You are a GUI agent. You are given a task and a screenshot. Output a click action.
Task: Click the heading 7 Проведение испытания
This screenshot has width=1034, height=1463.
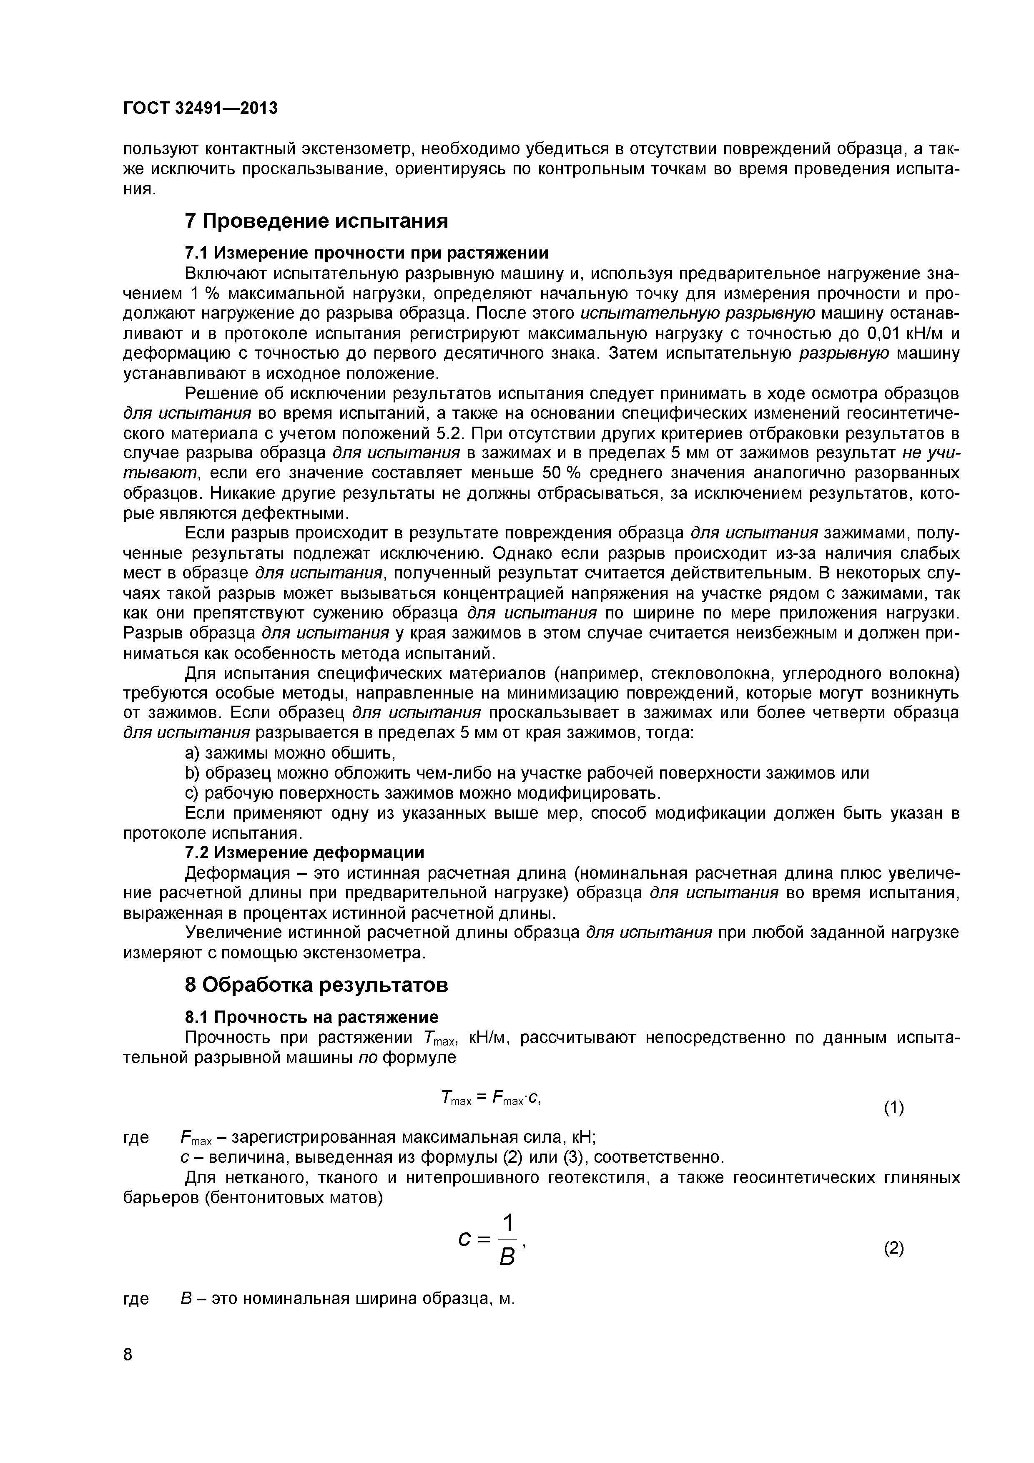(x=316, y=221)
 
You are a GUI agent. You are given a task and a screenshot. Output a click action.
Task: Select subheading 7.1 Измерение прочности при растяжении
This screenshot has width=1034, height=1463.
(x=366, y=253)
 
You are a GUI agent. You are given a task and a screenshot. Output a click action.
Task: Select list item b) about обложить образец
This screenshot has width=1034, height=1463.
(x=526, y=773)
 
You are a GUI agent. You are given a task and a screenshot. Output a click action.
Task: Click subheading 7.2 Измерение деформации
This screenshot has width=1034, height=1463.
(x=304, y=852)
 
